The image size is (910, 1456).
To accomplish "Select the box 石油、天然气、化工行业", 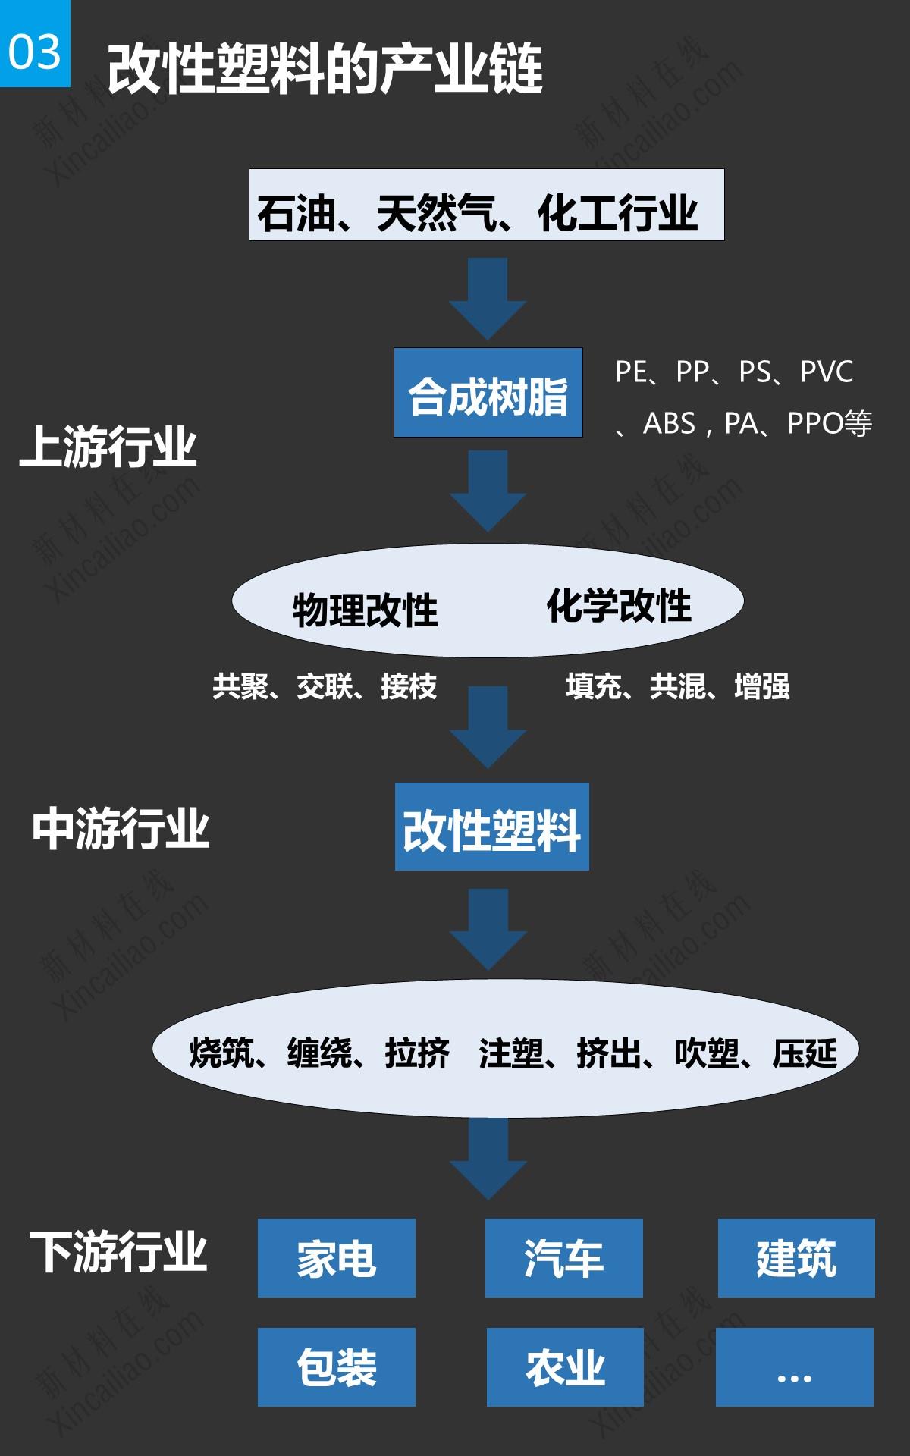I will pos(486,206).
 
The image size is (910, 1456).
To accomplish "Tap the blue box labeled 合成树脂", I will pos(488,393).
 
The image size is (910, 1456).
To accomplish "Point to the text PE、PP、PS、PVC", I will pos(734,372).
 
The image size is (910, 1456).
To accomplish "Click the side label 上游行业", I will pos(108,447).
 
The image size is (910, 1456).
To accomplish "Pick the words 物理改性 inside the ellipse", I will pos(365,610).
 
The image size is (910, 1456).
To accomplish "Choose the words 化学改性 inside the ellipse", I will pos(619,606).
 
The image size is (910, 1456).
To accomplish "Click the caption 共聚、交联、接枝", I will pos(325,686).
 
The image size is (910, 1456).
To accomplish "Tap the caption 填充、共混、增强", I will pos(678,686).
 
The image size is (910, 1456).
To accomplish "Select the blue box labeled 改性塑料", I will pos(491,827).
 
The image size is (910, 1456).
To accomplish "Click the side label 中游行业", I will pos(121,829).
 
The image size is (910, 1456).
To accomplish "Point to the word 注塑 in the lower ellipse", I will pos(511,1053).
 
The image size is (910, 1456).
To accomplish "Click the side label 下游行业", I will pos(118,1251).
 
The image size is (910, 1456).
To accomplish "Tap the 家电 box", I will pos(337,1258).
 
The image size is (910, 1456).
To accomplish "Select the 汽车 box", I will pos(563,1258).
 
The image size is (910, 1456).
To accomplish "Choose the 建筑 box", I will pos(796,1258).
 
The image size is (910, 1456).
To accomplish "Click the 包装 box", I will pos(337,1367).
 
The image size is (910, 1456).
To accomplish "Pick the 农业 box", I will pos(565,1367).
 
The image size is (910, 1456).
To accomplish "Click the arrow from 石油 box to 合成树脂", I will pos(487,296).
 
